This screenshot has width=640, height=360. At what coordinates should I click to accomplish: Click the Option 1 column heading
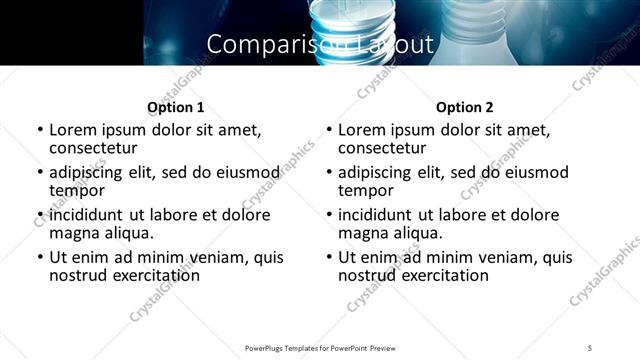175,107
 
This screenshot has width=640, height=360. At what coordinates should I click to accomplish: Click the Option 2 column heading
465,107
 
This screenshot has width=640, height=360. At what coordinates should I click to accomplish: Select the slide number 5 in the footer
590,347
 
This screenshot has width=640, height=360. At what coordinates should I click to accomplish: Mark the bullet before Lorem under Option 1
40,130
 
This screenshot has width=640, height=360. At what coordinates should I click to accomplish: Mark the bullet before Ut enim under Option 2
329,257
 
